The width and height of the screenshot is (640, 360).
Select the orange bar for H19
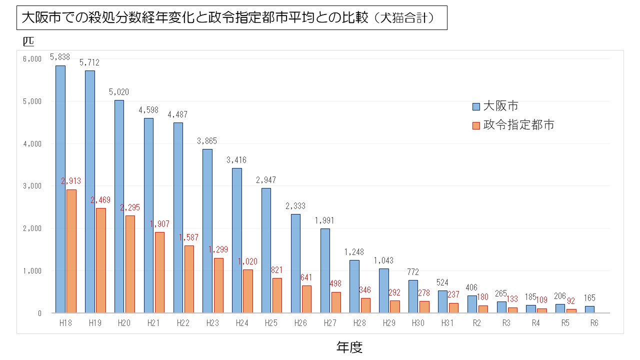pos(101,260)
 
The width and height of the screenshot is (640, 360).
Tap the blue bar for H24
pos(237,240)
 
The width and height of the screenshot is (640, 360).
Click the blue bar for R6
pos(589,309)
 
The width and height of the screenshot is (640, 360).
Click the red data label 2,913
pos(71,181)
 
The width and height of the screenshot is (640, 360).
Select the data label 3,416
pos(236,160)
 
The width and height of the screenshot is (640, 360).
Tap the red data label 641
pos(306,277)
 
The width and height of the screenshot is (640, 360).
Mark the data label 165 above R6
pos(590,298)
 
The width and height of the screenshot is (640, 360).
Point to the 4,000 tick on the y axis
pos(32,144)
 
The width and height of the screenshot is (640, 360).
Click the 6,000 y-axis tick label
pos(32,59)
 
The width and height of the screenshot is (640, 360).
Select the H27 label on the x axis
pos(330,323)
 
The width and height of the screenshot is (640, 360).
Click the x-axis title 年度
pos(349,347)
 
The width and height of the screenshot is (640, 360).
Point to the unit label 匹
pos(28,40)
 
